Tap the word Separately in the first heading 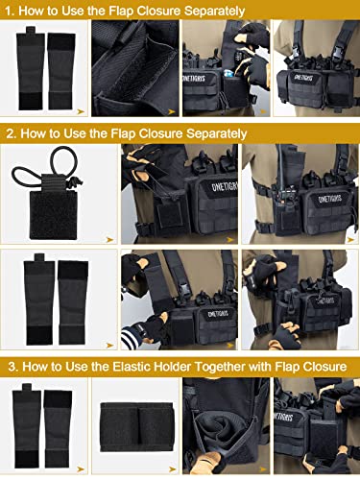[x=208, y=10]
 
